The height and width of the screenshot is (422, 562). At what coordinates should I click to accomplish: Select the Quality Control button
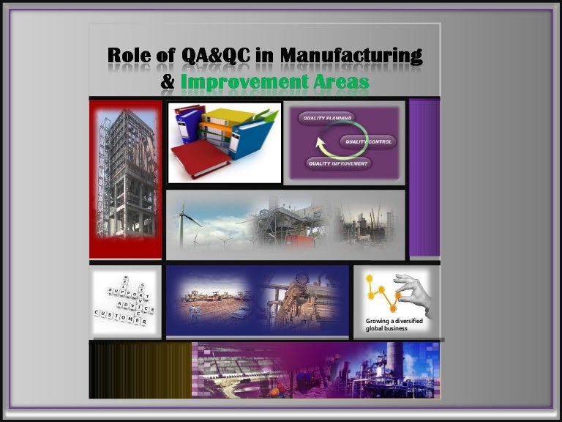pos(368,141)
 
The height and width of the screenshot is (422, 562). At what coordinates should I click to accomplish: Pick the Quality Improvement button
pos(337,163)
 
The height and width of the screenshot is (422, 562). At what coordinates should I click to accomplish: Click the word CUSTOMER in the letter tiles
pos(121,317)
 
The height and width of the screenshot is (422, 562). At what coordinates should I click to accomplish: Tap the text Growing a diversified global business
pos(394,325)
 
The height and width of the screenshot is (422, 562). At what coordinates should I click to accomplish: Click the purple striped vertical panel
pos(424,177)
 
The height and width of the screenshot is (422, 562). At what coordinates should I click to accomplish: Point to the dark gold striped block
pos(140,370)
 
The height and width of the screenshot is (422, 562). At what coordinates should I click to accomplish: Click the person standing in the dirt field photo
pos(194,313)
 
